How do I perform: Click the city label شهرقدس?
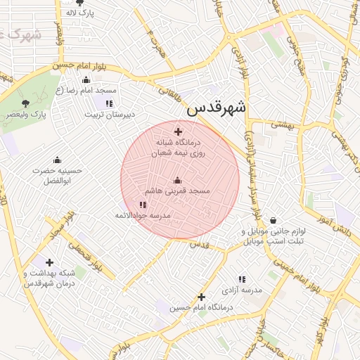click(217, 108)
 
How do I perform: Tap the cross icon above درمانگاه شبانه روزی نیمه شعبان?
click(178, 131)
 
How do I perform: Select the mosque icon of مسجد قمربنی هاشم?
click(177, 180)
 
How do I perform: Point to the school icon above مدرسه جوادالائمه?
click(143, 205)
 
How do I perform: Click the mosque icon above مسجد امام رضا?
click(86, 80)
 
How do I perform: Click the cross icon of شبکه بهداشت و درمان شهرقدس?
click(49, 263)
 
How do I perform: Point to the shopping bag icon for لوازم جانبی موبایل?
click(273, 220)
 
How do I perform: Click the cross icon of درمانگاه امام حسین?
click(202, 297)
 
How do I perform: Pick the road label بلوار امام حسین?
click(80, 67)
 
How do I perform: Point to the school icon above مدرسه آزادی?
click(242, 279)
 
